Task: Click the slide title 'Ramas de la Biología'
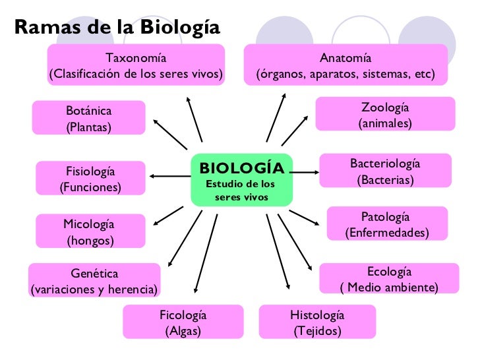click(x=116, y=27)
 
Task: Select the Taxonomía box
click(x=136, y=65)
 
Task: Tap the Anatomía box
click(x=345, y=65)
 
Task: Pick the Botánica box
click(x=88, y=117)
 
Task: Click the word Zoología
click(x=385, y=107)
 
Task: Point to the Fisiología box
click(x=90, y=179)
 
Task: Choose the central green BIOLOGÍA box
click(x=241, y=179)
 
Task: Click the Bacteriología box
click(x=385, y=171)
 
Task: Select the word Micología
click(x=90, y=224)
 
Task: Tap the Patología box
click(x=386, y=225)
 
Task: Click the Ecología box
click(x=389, y=280)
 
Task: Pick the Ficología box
click(x=183, y=322)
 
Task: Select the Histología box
click(x=317, y=322)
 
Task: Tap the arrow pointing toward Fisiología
click(x=170, y=176)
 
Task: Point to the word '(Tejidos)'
click(x=317, y=330)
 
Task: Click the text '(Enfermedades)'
click(x=387, y=233)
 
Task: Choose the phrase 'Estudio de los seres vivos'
click(x=241, y=191)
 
